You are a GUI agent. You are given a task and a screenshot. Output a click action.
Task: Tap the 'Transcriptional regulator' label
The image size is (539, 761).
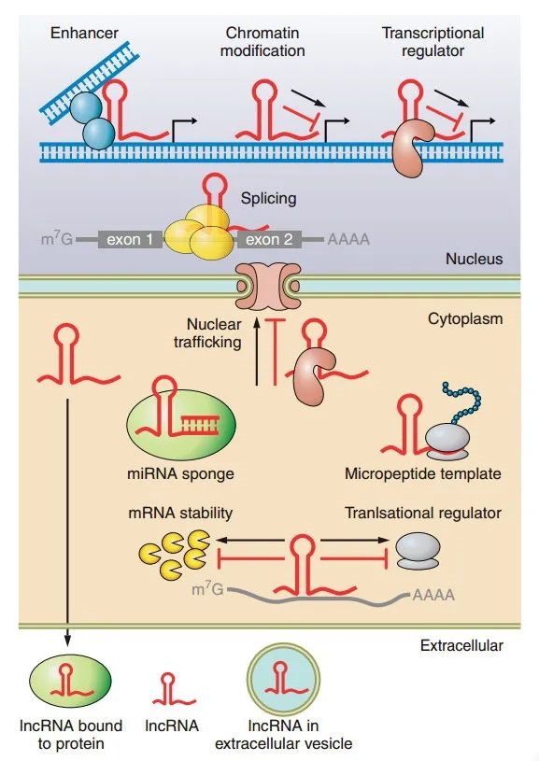433,41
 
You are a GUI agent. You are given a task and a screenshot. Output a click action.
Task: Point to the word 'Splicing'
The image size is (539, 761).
268,198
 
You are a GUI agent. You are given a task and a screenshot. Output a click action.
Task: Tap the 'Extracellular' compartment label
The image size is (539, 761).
461,645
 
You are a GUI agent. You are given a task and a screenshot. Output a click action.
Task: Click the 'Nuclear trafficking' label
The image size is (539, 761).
213,333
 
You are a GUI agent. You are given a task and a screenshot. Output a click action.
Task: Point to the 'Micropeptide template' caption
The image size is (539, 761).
422,473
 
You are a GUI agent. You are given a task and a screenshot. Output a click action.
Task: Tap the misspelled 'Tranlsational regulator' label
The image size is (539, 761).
422,513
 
